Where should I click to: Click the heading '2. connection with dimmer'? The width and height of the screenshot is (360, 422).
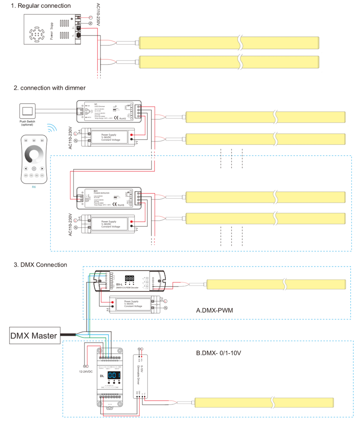click(x=50, y=88)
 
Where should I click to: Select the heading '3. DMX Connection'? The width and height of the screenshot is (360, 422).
click(x=40, y=265)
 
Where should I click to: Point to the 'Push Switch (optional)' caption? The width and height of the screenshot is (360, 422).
click(x=28, y=123)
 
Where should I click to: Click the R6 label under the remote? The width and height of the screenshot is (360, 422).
click(x=34, y=186)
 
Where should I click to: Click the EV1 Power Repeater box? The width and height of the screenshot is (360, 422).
click(x=108, y=198)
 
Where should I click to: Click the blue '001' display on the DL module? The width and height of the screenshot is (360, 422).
click(x=115, y=375)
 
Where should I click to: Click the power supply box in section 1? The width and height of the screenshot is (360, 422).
click(x=52, y=30)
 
